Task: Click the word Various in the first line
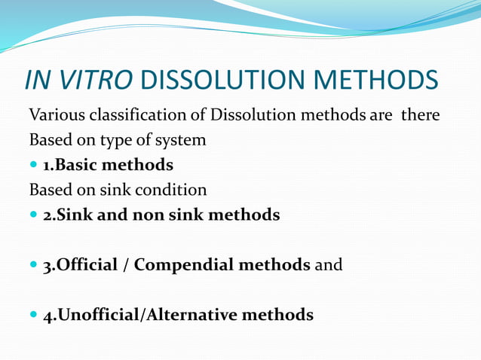56,116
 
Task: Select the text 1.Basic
72,165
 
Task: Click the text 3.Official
80,265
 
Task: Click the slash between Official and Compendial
125,265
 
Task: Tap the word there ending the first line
420,116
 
